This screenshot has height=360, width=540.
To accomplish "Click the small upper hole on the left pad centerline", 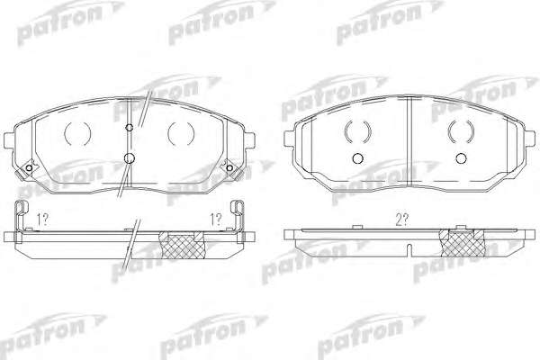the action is [x=130, y=128].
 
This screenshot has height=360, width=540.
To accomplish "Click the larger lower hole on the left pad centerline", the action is [x=129, y=158].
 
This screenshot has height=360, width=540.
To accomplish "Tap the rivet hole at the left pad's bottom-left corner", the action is [x=29, y=167].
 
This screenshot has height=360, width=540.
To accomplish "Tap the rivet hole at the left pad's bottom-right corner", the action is [x=229, y=167].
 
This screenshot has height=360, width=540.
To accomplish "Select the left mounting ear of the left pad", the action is [x=9, y=140].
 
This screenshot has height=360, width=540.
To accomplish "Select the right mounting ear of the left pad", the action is [x=249, y=140].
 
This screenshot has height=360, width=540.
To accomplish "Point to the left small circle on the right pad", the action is [x=358, y=158].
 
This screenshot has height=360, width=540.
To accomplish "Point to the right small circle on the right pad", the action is [x=461, y=158].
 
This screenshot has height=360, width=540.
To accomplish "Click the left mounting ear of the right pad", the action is [x=290, y=139].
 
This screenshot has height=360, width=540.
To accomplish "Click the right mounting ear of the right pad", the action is [x=530, y=139].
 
